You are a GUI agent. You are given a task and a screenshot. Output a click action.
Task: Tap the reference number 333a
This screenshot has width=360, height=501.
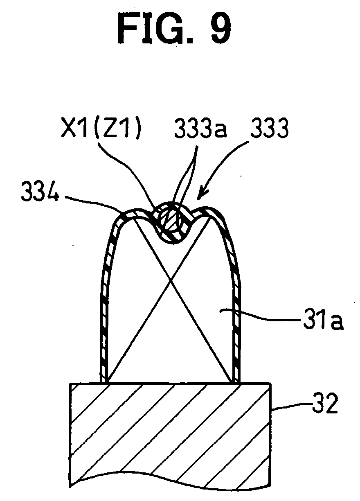click(200, 129)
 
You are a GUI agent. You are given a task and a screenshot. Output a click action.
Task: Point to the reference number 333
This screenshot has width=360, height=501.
click(269, 129)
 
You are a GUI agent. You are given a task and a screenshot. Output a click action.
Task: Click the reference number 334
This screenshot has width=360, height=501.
click(40, 191)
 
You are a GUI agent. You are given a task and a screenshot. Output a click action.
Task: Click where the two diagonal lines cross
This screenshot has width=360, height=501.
click(171, 281)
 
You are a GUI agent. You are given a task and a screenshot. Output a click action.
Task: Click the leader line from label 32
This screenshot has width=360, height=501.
click(291, 406)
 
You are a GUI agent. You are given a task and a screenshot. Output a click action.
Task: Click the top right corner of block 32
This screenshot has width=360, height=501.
click(272, 383)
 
